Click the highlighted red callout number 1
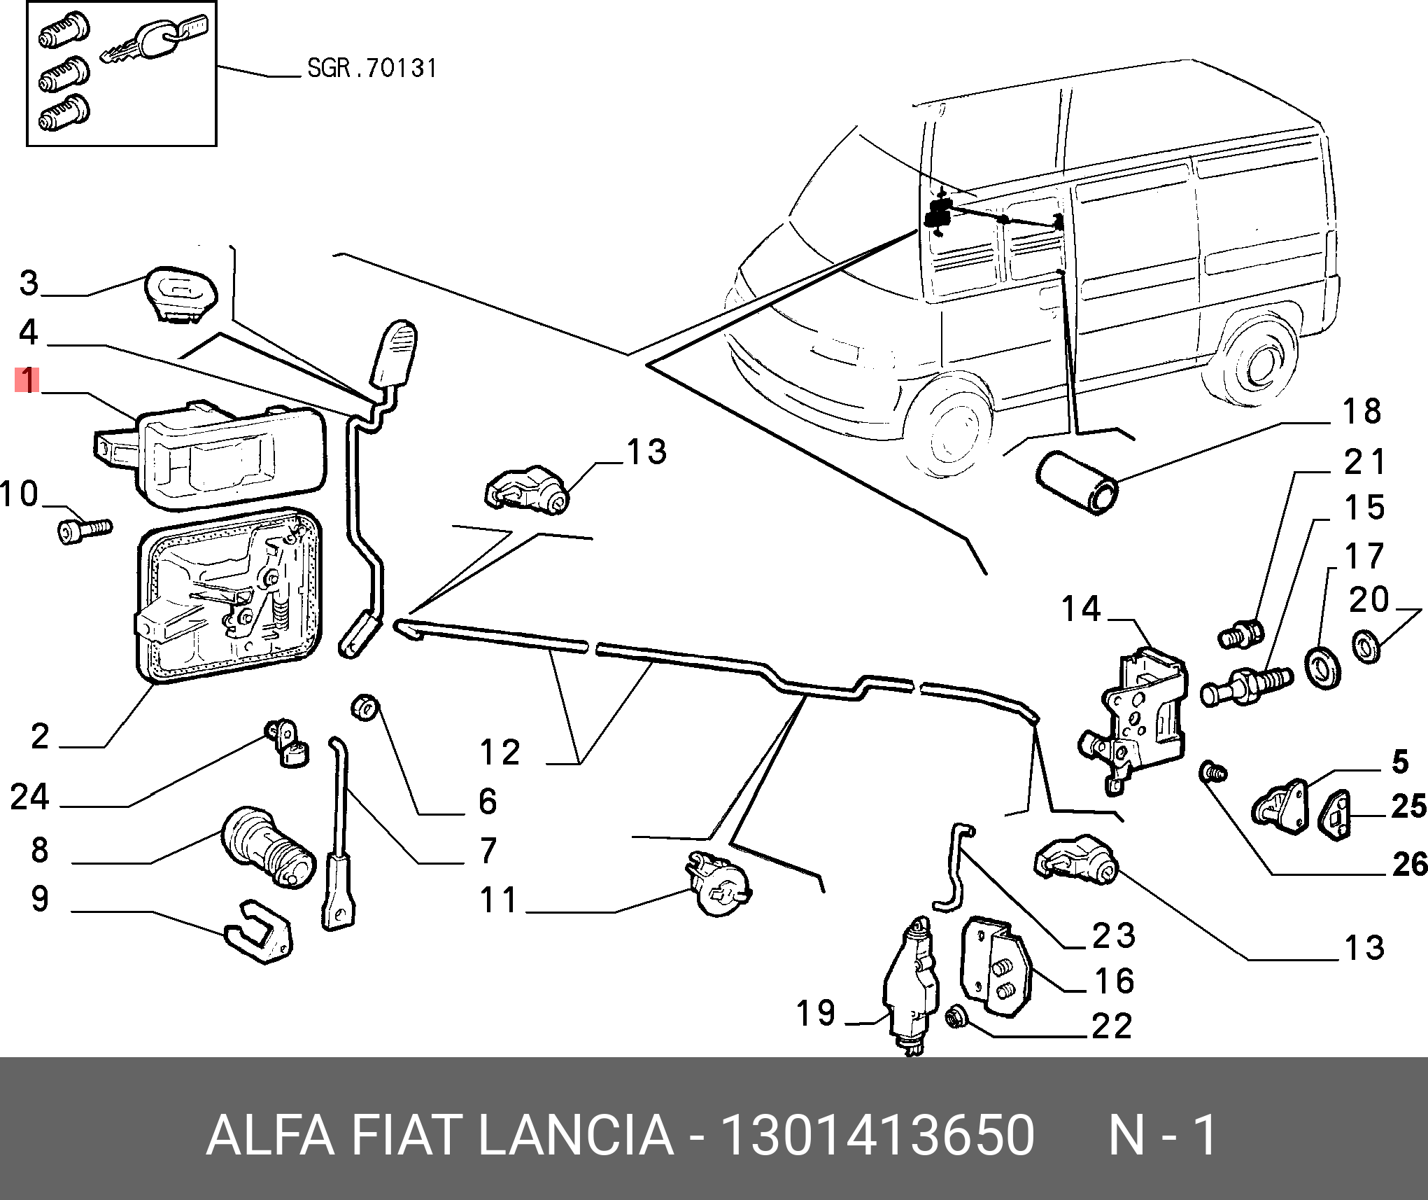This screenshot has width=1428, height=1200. coord(27,380)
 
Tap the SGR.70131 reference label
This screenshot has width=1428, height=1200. coord(372,68)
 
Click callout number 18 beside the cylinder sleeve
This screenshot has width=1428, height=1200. coord(1362,412)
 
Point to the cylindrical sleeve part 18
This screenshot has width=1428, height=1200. coord(1077,483)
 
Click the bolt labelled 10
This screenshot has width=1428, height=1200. coord(83,530)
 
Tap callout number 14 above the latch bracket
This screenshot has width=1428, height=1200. coord(1081,608)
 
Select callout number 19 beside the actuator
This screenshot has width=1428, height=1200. coord(816,1013)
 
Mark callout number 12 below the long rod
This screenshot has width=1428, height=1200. coord(500,753)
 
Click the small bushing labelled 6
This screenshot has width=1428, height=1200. coord(364,708)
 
